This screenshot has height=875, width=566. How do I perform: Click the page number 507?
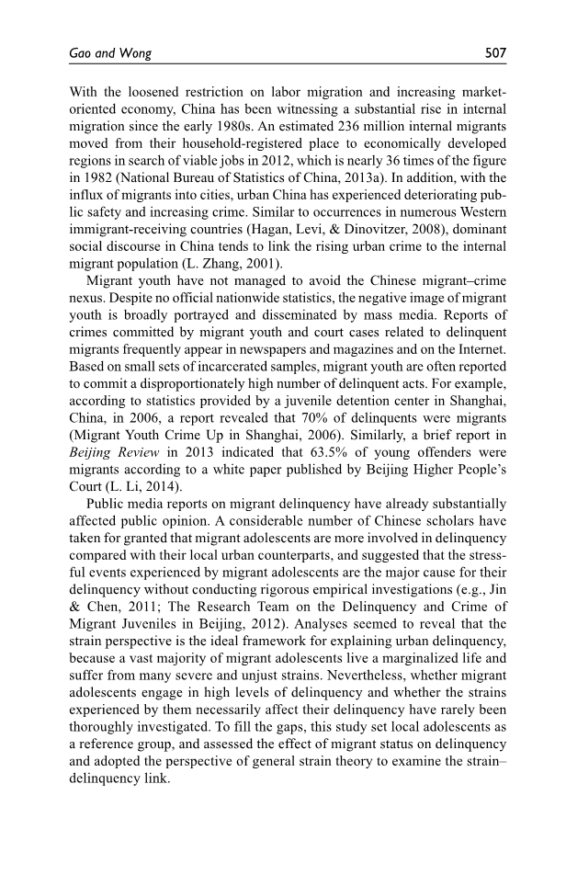496,53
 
